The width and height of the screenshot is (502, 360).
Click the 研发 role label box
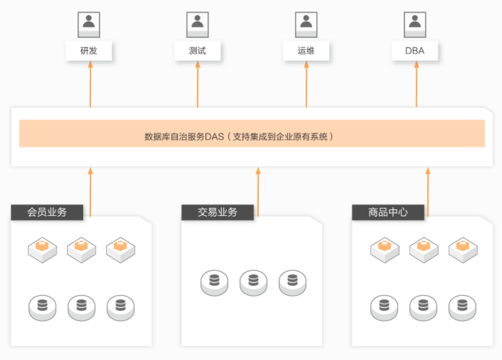[88, 51]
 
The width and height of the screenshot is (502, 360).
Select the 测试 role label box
[197, 51]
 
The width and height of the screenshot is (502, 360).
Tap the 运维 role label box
[306, 51]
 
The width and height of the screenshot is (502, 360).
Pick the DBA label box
[415, 51]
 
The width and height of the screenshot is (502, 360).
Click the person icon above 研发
[88, 25]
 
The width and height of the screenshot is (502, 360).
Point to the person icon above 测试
[198, 25]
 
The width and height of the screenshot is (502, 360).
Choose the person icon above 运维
[306, 25]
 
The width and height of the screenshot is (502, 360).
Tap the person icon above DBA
[415, 25]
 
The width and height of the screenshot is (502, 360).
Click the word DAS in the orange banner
[214, 137]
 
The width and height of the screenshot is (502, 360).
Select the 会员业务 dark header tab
[47, 212]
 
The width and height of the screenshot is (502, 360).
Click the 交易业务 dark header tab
[217, 212]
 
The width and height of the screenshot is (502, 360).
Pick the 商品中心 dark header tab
[388, 212]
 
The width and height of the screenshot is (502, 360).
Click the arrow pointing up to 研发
[90, 84]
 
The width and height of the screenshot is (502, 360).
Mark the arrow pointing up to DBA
[417, 84]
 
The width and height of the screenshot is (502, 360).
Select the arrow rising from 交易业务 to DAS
[258, 192]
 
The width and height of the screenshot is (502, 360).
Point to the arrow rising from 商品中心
[428, 192]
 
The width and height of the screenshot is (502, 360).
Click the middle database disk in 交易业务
[253, 283]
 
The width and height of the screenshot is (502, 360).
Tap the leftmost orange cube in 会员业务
[42, 250]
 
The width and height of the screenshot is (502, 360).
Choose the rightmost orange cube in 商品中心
[463, 250]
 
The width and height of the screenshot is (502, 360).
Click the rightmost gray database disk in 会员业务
[121, 308]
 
